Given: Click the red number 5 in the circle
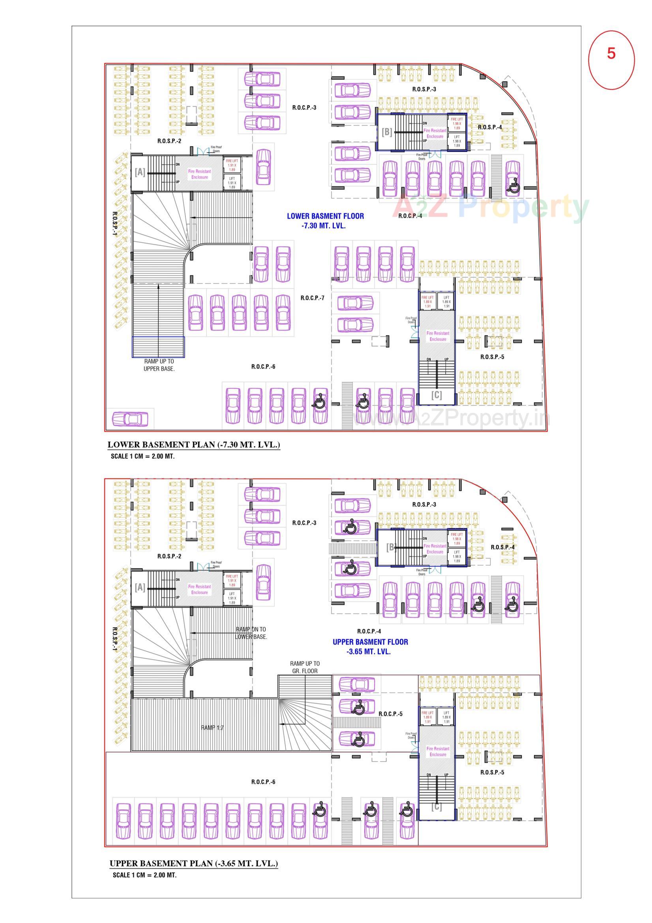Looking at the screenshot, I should [x=611, y=53].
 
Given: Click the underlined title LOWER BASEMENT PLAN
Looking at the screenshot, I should [x=194, y=445].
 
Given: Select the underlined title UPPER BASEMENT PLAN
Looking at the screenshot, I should [x=194, y=863].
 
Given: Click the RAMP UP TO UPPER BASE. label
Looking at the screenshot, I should [x=159, y=365].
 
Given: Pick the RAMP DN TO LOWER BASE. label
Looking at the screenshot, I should [x=251, y=633].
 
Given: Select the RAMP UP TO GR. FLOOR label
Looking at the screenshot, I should [x=305, y=667].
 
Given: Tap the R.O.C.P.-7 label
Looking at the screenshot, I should [x=312, y=298].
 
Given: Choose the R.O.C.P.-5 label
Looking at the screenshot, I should [x=390, y=714].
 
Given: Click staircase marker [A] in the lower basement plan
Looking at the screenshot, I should [x=140, y=172].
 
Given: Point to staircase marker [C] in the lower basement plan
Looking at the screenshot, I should [x=436, y=395].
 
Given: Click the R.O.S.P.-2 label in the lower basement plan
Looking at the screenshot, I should [x=169, y=141].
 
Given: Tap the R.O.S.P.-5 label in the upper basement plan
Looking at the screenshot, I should [x=492, y=772].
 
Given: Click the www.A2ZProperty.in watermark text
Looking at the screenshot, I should [x=452, y=419].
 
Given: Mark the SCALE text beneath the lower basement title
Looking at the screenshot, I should [x=143, y=456].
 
